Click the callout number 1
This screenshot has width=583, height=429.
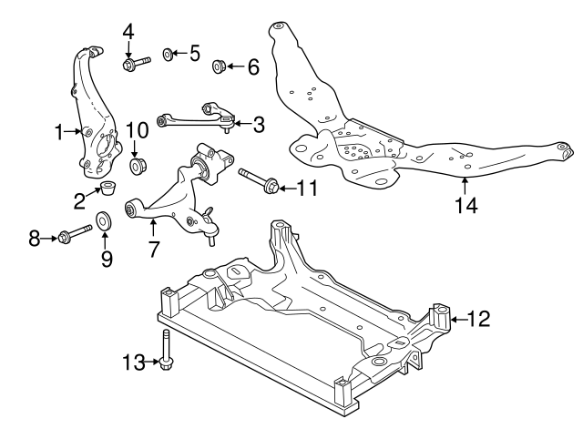click(58, 133)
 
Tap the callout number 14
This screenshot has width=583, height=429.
click(465, 205)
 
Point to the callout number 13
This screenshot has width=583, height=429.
click(134, 363)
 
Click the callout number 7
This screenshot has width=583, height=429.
click(151, 247)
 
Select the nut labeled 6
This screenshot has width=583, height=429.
click(219, 66)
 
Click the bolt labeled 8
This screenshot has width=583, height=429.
click(77, 239)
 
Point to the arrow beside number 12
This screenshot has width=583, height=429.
click(456, 318)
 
